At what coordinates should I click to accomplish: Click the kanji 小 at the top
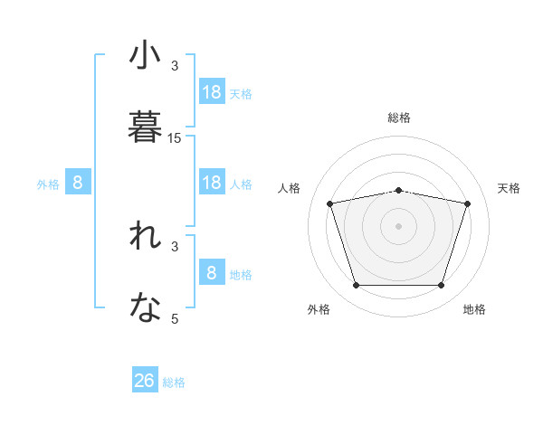pos(145,56)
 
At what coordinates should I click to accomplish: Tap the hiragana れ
pos(145,237)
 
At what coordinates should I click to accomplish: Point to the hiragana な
pos(145,308)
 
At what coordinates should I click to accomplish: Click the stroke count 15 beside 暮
pos(175,138)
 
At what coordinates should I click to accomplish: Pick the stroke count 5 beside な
pos(175,318)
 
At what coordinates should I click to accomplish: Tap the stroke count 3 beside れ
pos(175,246)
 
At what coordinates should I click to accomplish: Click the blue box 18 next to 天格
pos(212,92)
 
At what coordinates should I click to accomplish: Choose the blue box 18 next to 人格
pos(212,183)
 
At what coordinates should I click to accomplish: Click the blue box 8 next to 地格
pos(212,273)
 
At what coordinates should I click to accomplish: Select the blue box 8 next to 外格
pos(78,183)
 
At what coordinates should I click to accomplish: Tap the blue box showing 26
pos(145,381)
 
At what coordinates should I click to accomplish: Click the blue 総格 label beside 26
pos(174,382)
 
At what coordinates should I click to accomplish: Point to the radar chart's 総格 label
pos(399,118)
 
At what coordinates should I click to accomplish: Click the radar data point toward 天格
pos(467,203)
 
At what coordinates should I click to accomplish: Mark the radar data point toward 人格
pos(330,203)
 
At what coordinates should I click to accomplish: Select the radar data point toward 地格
pos(441,286)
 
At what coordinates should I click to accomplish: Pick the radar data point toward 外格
pos(356,286)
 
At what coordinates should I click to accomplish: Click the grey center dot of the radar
pos(398,225)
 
